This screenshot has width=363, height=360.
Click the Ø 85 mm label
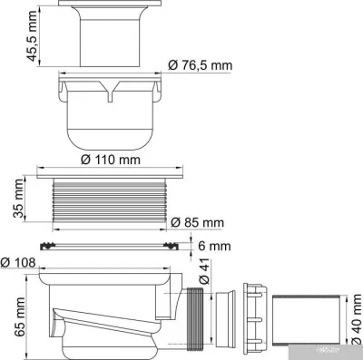coord(198,222)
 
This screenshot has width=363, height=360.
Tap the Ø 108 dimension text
coord(20,263)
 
